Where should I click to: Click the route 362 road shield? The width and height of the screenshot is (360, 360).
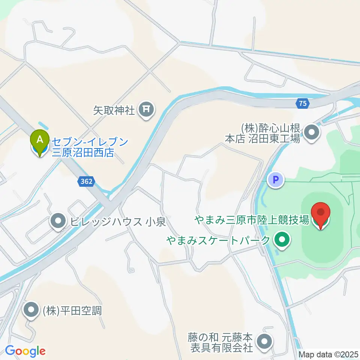point(87,181)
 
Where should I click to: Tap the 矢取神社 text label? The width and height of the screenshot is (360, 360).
point(114,110)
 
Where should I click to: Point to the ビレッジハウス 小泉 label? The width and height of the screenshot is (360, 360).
point(117,222)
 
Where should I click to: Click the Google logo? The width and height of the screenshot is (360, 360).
point(25,351)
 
